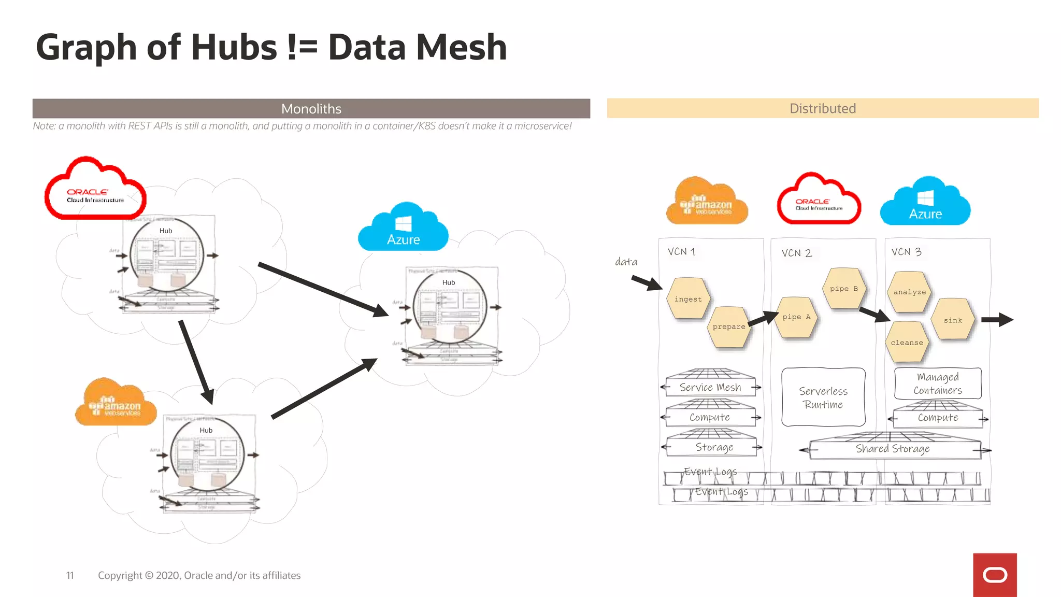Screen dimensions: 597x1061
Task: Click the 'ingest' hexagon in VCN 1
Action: [x=688, y=299]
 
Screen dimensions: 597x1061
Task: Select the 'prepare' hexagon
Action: [x=728, y=327]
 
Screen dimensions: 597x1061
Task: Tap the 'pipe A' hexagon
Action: [x=796, y=317]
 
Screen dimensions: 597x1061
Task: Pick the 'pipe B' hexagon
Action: [x=843, y=289]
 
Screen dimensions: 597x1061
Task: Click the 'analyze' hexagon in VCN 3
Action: [x=909, y=292]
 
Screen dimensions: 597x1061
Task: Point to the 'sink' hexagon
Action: [x=953, y=320]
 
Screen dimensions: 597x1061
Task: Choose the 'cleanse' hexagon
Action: [x=907, y=343]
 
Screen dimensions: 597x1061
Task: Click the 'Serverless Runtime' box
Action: [x=823, y=397]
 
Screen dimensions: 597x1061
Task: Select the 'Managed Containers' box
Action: [x=938, y=383]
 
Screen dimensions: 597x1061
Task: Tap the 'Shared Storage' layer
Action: [x=893, y=448]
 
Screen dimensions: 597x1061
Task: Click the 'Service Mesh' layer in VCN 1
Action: [x=710, y=387]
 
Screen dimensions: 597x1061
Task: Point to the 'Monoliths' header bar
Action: [x=311, y=108]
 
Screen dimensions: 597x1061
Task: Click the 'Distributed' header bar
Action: [x=822, y=108]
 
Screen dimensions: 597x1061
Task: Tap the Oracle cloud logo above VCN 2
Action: [x=819, y=201]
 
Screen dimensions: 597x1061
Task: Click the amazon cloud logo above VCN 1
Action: [x=707, y=203]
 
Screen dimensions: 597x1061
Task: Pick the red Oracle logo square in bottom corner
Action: [x=995, y=575]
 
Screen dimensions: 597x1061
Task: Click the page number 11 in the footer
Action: [x=70, y=575]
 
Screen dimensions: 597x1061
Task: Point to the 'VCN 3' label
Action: [x=906, y=252]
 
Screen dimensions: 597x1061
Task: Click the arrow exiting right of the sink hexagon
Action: [x=997, y=320]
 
